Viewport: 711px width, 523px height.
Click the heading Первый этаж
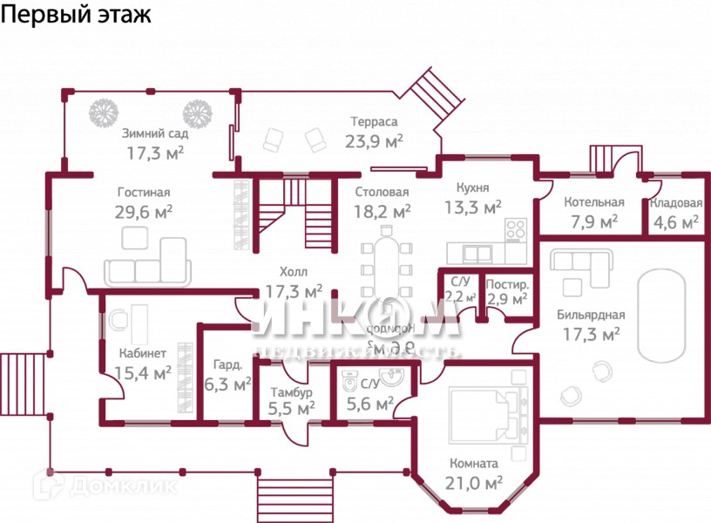(x=76, y=15)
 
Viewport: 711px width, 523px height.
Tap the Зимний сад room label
(x=155, y=133)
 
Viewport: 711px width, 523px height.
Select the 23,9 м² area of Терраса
(x=375, y=141)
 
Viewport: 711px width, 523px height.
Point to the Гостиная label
(x=144, y=193)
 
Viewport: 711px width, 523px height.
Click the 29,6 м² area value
(x=143, y=212)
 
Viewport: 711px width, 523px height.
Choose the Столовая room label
(x=382, y=192)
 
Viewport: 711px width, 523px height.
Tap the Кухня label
(x=472, y=187)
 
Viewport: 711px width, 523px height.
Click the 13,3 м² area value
(x=473, y=207)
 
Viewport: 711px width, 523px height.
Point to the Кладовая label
(x=676, y=203)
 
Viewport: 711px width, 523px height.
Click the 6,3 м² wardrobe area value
(x=227, y=384)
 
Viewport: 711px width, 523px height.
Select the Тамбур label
(x=291, y=392)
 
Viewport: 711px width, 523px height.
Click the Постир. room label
(x=506, y=284)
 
